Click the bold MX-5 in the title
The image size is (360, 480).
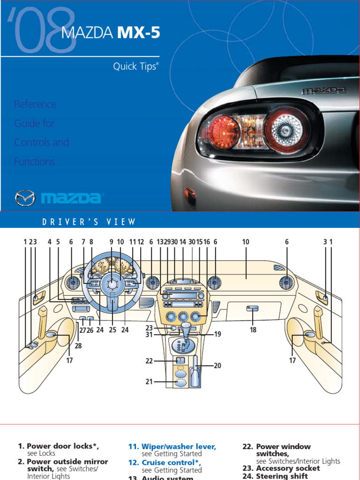(138, 33)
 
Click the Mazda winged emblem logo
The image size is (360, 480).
(25, 198)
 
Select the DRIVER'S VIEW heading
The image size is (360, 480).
(89, 222)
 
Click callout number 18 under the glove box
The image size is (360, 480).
(253, 330)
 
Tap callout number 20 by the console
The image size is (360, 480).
(217, 366)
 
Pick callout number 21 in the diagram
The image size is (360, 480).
(149, 382)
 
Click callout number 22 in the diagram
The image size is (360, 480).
(149, 360)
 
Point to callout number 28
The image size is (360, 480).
(78, 346)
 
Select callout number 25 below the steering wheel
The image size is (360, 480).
(112, 330)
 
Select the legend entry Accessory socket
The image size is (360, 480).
(288, 468)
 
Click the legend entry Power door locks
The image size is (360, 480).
(63, 446)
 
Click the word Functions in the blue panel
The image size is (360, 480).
(34, 162)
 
